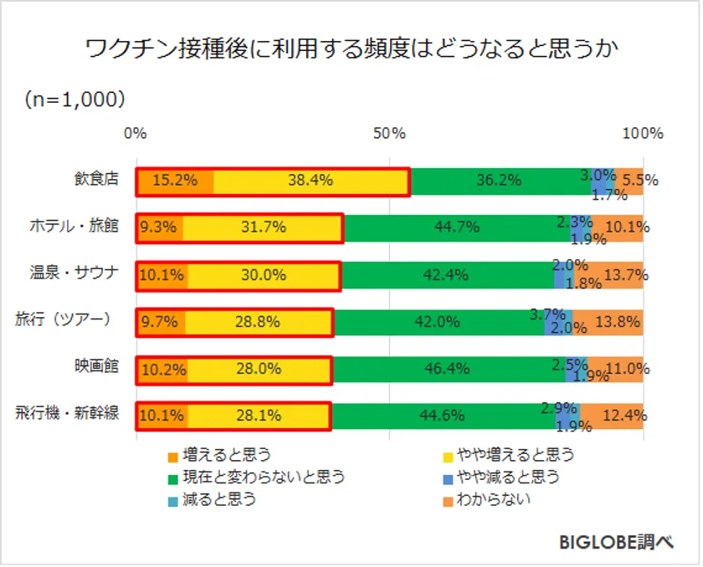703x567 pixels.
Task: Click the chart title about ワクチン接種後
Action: (x=351, y=49)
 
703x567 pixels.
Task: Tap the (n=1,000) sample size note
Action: (x=75, y=100)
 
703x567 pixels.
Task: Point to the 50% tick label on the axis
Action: (x=390, y=134)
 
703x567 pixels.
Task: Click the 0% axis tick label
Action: (x=135, y=134)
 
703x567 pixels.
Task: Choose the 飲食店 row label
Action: (x=96, y=178)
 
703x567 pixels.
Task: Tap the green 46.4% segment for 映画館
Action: (x=448, y=369)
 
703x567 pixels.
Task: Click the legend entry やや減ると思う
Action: (x=506, y=478)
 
